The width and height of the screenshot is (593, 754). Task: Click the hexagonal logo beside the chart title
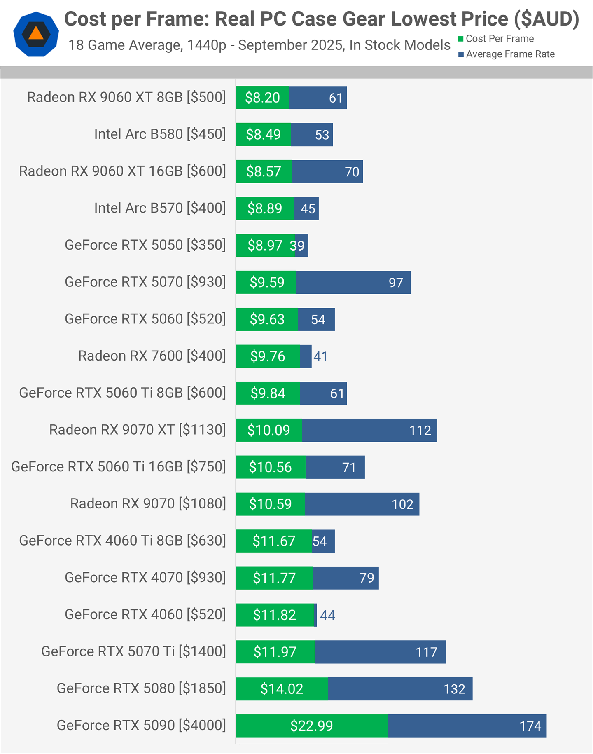click(x=36, y=34)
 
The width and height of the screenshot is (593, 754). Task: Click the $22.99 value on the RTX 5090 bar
click(x=311, y=726)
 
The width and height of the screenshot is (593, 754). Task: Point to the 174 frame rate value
click(x=530, y=726)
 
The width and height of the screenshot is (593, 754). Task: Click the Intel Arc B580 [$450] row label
click(x=160, y=134)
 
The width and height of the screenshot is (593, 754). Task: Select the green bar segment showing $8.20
click(x=262, y=98)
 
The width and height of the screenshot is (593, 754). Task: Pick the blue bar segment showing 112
click(x=369, y=430)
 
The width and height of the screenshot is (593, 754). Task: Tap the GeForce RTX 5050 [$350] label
click(x=145, y=245)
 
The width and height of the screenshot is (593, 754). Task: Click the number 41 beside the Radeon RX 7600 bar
click(x=320, y=356)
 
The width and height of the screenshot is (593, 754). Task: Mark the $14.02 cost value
click(x=282, y=689)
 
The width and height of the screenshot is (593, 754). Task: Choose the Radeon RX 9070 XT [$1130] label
click(x=138, y=430)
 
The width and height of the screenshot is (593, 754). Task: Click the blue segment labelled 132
click(x=400, y=689)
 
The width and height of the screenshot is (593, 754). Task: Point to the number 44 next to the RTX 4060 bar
click(x=327, y=615)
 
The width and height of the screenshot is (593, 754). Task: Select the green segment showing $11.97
click(x=275, y=652)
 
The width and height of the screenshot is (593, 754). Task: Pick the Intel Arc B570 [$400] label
click(x=160, y=208)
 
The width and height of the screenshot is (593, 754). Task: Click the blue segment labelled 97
click(x=353, y=282)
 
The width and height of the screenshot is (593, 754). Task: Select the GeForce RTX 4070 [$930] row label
click(x=145, y=578)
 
